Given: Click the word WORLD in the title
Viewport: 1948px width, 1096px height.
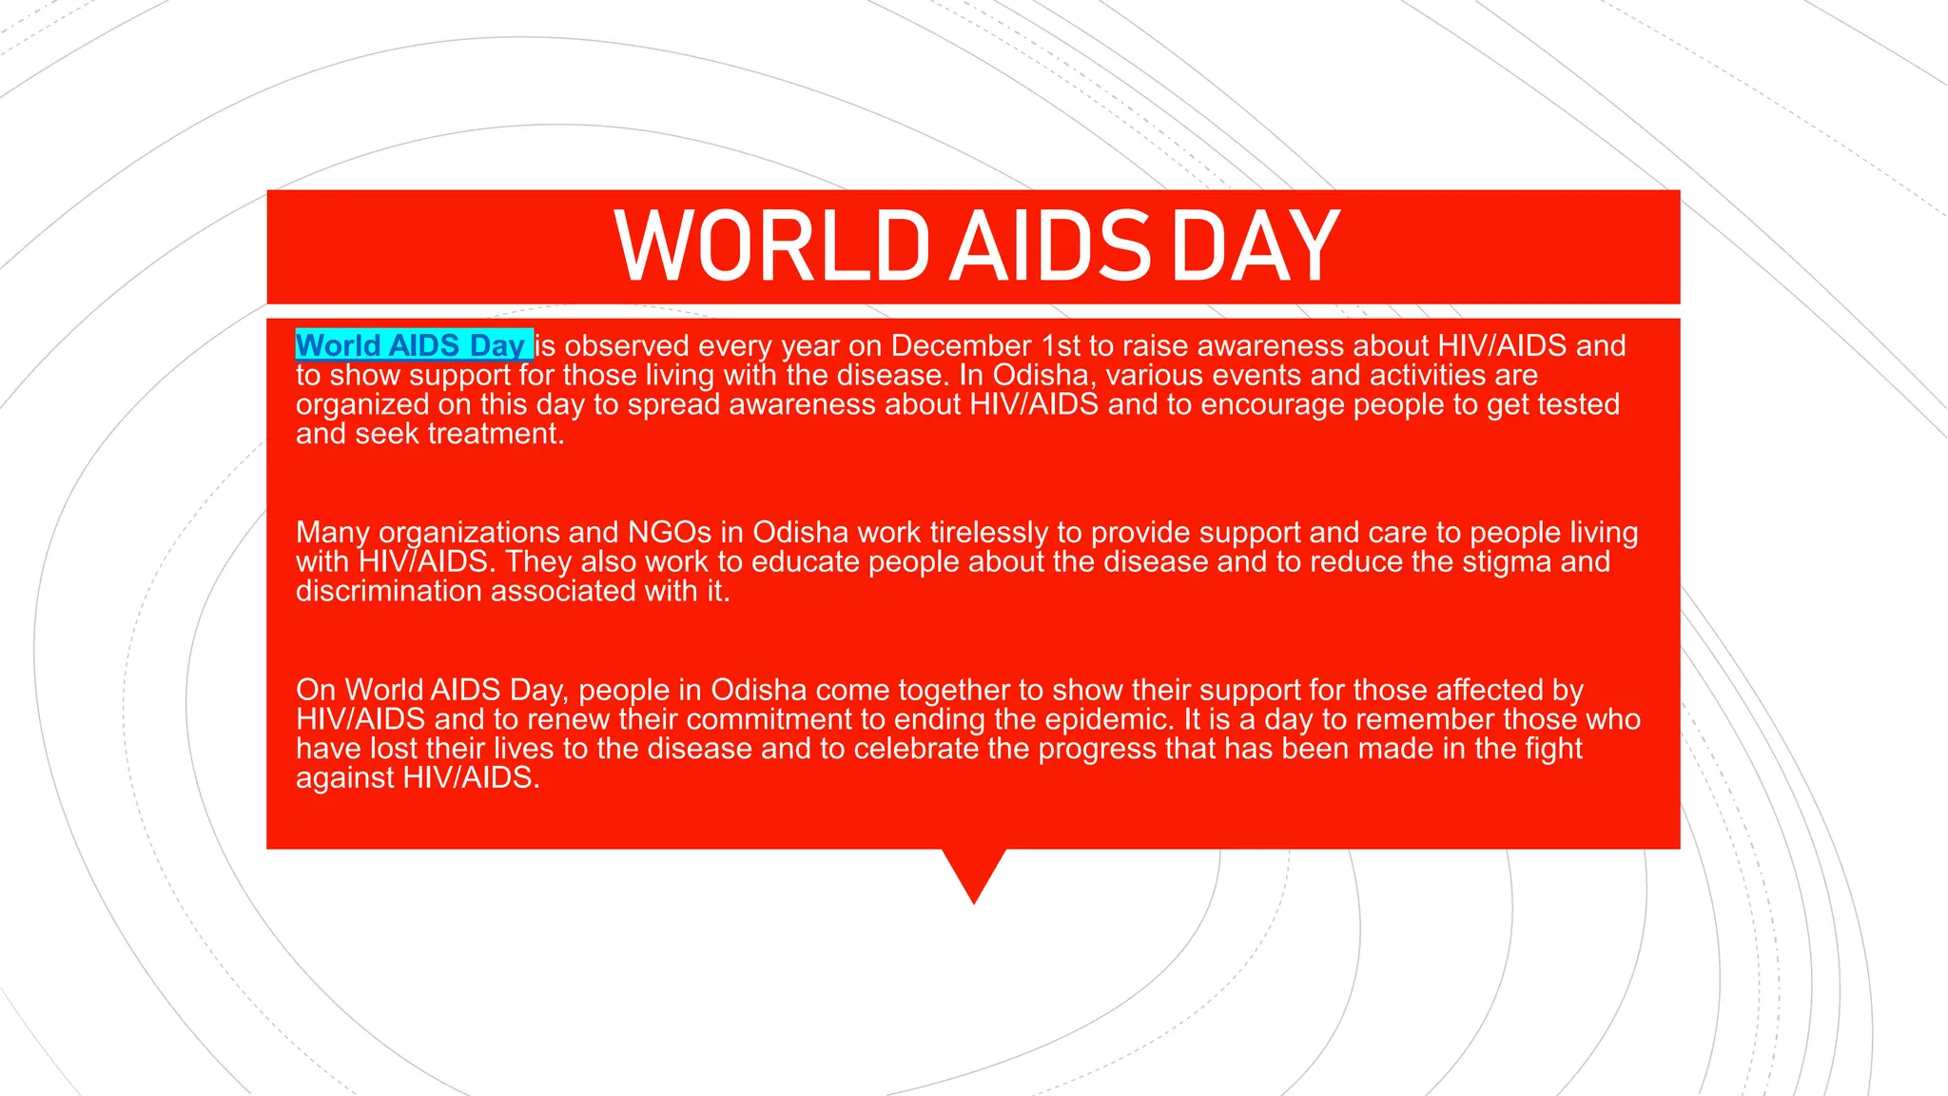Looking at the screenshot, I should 771,246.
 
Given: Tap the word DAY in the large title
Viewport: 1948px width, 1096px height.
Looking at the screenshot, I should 1256,246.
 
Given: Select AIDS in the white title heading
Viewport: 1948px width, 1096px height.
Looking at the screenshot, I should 1050,246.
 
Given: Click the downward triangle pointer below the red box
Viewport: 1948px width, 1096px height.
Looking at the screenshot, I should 974,871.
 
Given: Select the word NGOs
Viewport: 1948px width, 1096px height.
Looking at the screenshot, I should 670,532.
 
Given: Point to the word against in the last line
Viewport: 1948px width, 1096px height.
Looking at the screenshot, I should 345,778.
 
